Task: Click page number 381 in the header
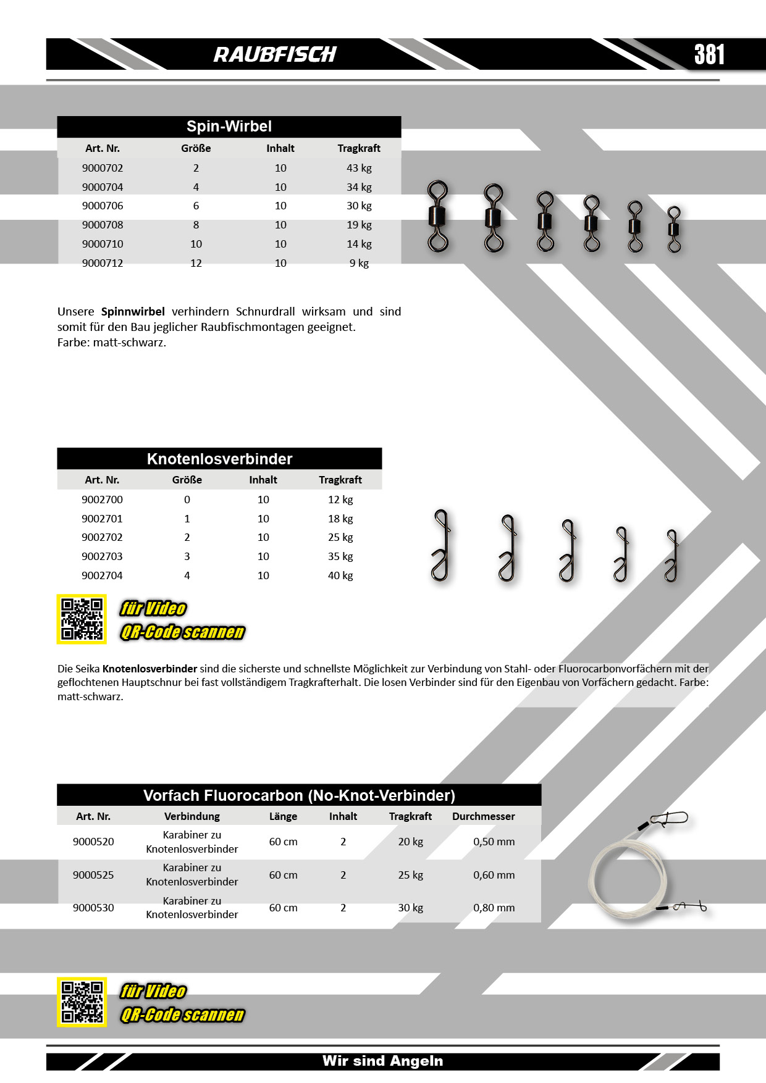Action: coord(709,54)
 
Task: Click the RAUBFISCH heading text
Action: coord(275,54)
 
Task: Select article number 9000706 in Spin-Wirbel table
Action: coord(103,206)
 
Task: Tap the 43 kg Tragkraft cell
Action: coord(359,168)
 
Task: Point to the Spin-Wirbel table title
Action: coord(229,127)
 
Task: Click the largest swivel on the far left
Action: coord(438,216)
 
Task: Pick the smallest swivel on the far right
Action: coord(674,229)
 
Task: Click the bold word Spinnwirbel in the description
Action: coord(133,311)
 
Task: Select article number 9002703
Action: coord(102,556)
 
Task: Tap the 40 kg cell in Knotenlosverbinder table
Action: coord(340,575)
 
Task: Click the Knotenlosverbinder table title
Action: coord(219,459)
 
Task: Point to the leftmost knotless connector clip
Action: coord(440,546)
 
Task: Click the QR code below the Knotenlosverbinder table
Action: coord(82,619)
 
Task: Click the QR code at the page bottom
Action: coord(82,1001)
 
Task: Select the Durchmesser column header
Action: coord(483,816)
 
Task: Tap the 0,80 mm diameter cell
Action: coord(494,908)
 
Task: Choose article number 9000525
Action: coord(93,875)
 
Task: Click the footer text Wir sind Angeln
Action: coord(382,1061)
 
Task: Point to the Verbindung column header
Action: coord(192,816)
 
